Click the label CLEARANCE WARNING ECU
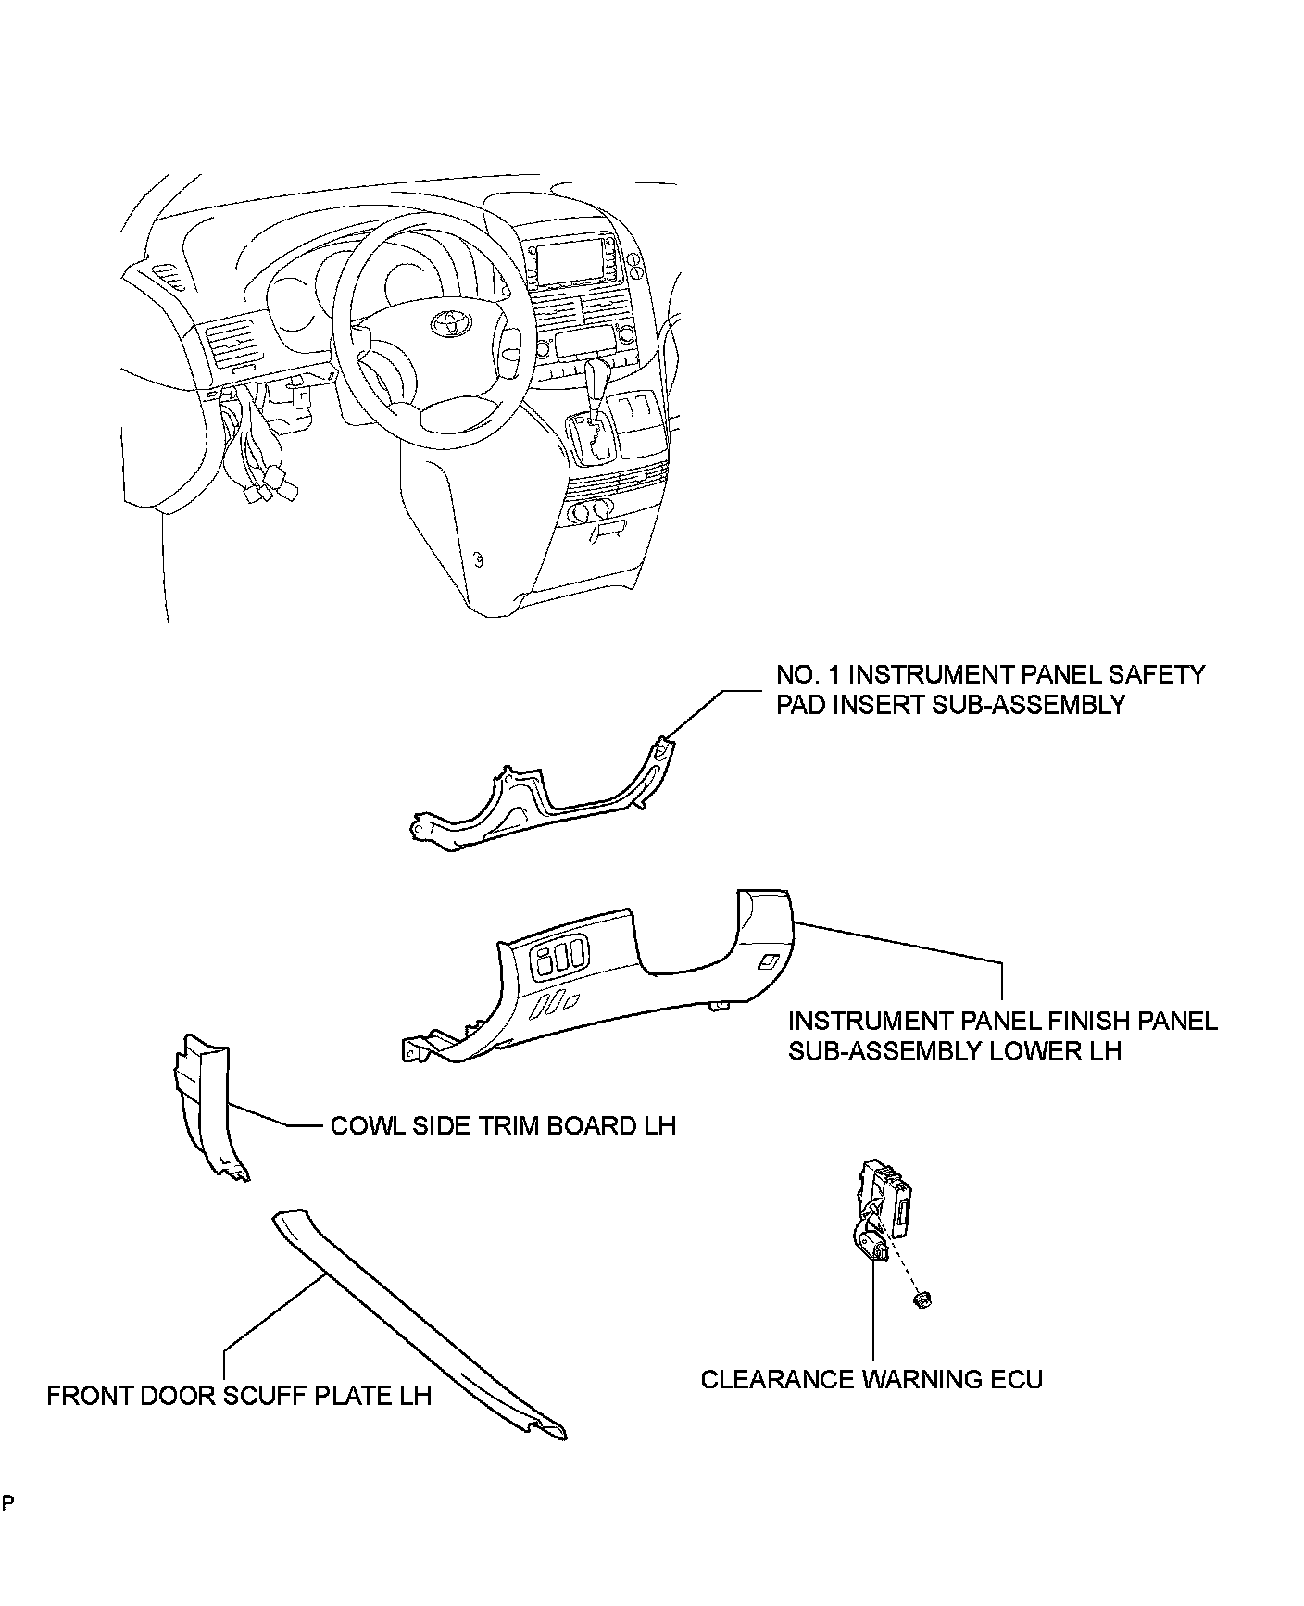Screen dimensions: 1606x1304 click(871, 1379)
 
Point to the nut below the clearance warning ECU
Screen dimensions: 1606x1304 click(922, 1300)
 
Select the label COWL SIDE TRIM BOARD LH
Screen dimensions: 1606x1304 click(503, 1125)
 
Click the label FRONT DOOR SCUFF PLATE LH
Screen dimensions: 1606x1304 click(239, 1395)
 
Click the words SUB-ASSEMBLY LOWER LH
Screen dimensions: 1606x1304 click(955, 1051)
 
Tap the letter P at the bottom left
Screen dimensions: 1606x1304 click(7, 1502)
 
